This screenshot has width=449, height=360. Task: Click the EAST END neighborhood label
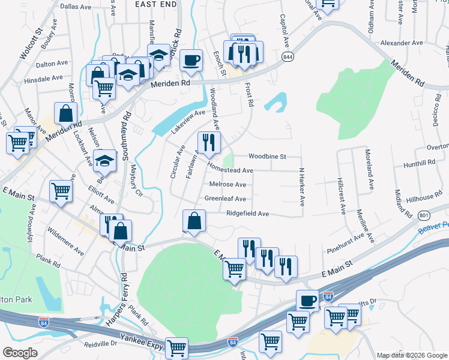coord(155,4)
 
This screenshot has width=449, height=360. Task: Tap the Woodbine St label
coord(268,156)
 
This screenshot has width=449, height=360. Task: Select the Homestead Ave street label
coord(230,170)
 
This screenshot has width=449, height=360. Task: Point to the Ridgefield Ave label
coord(247,214)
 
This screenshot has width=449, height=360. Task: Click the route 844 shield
coord(288,56)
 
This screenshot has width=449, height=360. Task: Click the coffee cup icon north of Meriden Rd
coord(191,60)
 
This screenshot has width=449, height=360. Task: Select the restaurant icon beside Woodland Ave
coord(209,142)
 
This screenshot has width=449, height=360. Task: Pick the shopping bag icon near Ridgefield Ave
coord(194,221)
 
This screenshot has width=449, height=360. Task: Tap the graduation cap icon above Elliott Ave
coord(104,160)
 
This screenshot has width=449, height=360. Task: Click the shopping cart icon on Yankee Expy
coord(176,347)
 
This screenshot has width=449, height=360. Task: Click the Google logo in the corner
coord(20,353)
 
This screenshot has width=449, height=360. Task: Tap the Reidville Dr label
coord(100,344)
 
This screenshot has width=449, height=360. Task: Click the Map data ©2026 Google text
coord(412,355)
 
